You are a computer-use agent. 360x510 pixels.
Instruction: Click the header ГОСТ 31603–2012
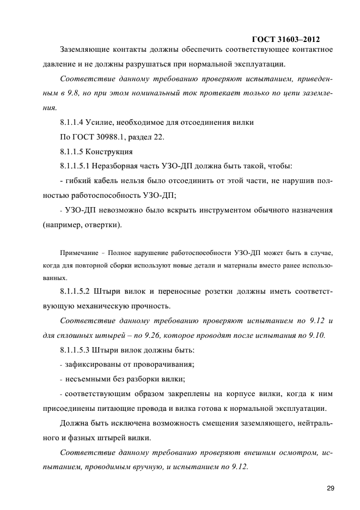[x=285, y=39]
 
